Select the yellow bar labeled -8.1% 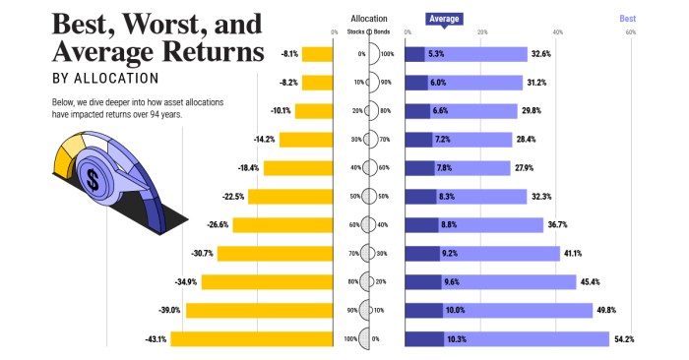317,54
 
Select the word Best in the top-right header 627,18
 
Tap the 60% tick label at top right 630,32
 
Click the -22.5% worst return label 232,197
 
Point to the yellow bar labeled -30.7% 275,254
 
